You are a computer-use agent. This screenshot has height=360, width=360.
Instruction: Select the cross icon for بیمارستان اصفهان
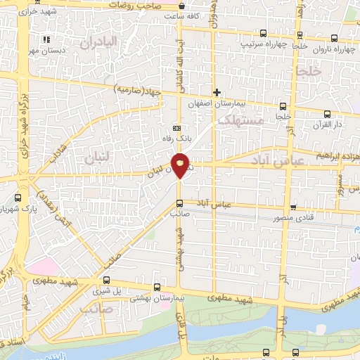pyautogui.click(x=217, y=92)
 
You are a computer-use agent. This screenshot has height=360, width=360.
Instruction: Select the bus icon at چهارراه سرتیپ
pyautogui.click(x=263, y=33)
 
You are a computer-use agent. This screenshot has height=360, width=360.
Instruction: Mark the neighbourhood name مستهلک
pyautogui.click(x=240, y=122)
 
